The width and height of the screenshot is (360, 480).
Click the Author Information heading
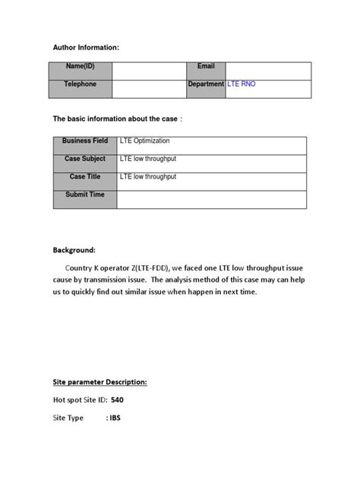tap(86, 48)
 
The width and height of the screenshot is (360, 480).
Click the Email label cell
tap(206, 67)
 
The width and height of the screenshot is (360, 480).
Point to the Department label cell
tap(206, 84)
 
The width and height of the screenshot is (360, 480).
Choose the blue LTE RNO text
tap(242, 84)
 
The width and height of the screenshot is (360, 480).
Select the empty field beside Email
tap(267, 71)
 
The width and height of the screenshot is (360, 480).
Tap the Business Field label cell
tap(85, 141)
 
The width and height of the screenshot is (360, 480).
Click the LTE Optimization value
tap(145, 141)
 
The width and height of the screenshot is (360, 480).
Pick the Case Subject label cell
tap(85, 159)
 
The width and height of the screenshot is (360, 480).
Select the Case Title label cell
tap(85, 176)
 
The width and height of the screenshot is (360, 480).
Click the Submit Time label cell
tap(85, 194)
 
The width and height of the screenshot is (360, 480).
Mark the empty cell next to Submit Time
tap(211, 199)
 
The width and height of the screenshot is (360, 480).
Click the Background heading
tap(74, 249)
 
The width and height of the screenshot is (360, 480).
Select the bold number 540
tap(118, 399)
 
